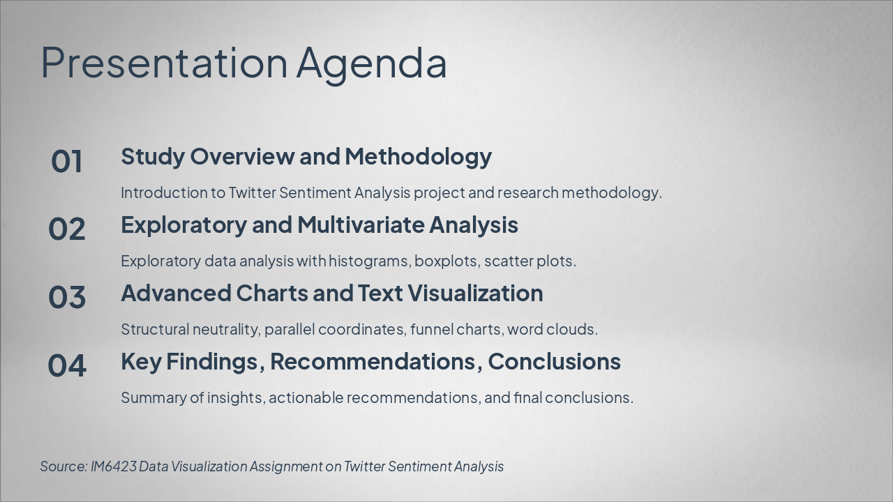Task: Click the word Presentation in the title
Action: pos(164,63)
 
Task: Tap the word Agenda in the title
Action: pos(371,63)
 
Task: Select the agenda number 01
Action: pos(67,162)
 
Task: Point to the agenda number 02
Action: pos(67,229)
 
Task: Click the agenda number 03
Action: pos(67,298)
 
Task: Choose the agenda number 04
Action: pos(67,366)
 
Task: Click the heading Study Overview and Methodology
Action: pos(306,156)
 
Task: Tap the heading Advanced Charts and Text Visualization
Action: pos(331,293)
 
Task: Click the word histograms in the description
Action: pos(369,261)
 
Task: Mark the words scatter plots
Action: pos(530,261)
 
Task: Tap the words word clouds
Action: pos(552,329)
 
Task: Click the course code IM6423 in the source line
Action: pos(113,466)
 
